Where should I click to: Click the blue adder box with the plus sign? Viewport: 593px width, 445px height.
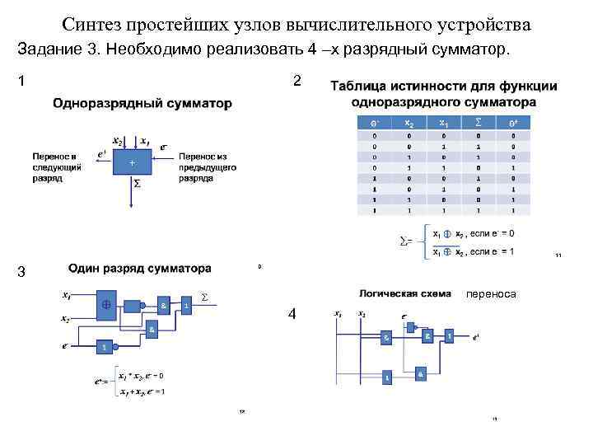(133, 162)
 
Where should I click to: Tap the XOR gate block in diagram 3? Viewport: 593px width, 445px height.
(106, 303)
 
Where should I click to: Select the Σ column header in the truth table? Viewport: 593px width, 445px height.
(479, 124)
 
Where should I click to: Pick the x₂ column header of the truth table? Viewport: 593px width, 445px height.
(409, 124)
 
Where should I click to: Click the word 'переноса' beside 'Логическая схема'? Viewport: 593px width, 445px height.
(491, 293)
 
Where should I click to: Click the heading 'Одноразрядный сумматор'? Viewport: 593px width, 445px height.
(142, 104)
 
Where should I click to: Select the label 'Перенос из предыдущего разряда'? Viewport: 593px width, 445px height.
(208, 166)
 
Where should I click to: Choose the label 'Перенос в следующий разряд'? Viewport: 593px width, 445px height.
(56, 166)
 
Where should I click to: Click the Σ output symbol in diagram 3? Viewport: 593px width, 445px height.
(205, 296)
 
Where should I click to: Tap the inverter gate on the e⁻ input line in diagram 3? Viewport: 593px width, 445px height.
(103, 347)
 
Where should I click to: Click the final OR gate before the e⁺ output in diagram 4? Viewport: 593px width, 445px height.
(449, 336)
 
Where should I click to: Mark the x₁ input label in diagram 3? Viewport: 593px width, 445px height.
(66, 293)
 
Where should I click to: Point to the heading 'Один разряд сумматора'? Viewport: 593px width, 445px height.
(140, 268)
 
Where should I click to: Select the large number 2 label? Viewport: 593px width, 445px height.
(296, 81)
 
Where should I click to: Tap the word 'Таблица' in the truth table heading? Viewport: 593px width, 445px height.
(365, 86)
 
